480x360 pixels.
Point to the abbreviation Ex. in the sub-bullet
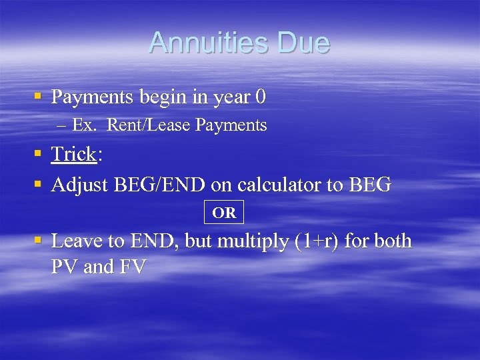(x=85, y=125)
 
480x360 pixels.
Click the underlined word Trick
(x=73, y=154)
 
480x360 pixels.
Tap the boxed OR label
(x=224, y=213)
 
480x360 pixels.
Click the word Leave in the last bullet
(x=75, y=241)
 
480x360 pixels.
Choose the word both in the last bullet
(x=393, y=241)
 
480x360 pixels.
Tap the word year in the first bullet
(x=231, y=97)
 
